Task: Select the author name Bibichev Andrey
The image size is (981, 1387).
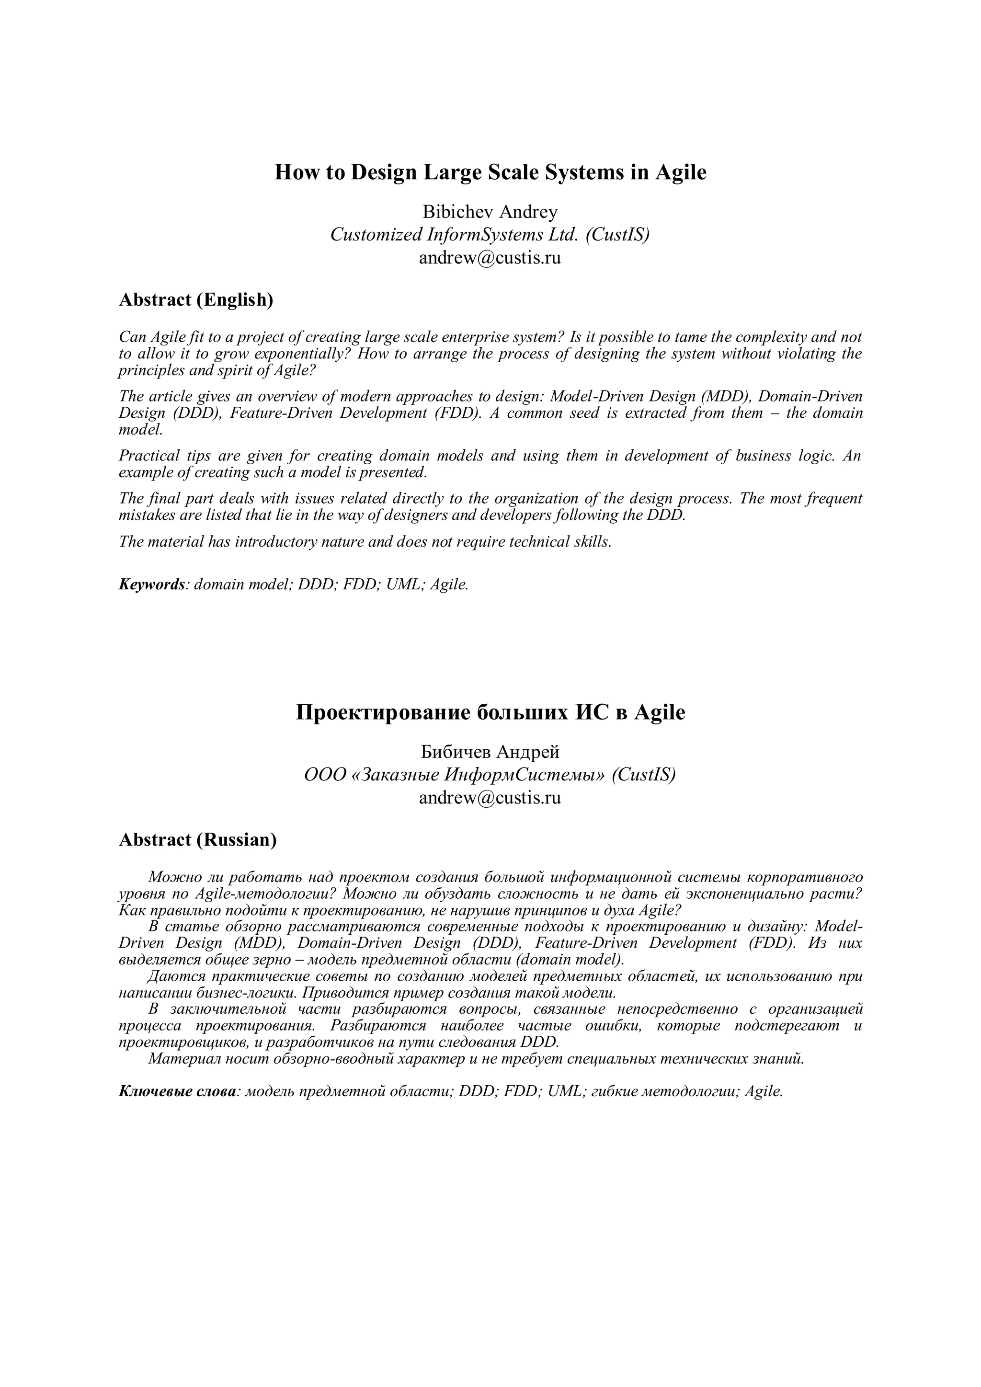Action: click(x=490, y=212)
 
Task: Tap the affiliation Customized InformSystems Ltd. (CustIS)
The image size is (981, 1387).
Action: click(x=490, y=234)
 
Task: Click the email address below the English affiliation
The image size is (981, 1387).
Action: click(x=490, y=258)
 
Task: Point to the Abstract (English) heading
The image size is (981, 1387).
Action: click(x=196, y=299)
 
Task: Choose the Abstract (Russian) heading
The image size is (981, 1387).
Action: click(x=197, y=840)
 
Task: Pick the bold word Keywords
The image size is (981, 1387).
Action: click(x=151, y=585)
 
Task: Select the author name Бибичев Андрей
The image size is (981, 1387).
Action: click(x=490, y=752)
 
